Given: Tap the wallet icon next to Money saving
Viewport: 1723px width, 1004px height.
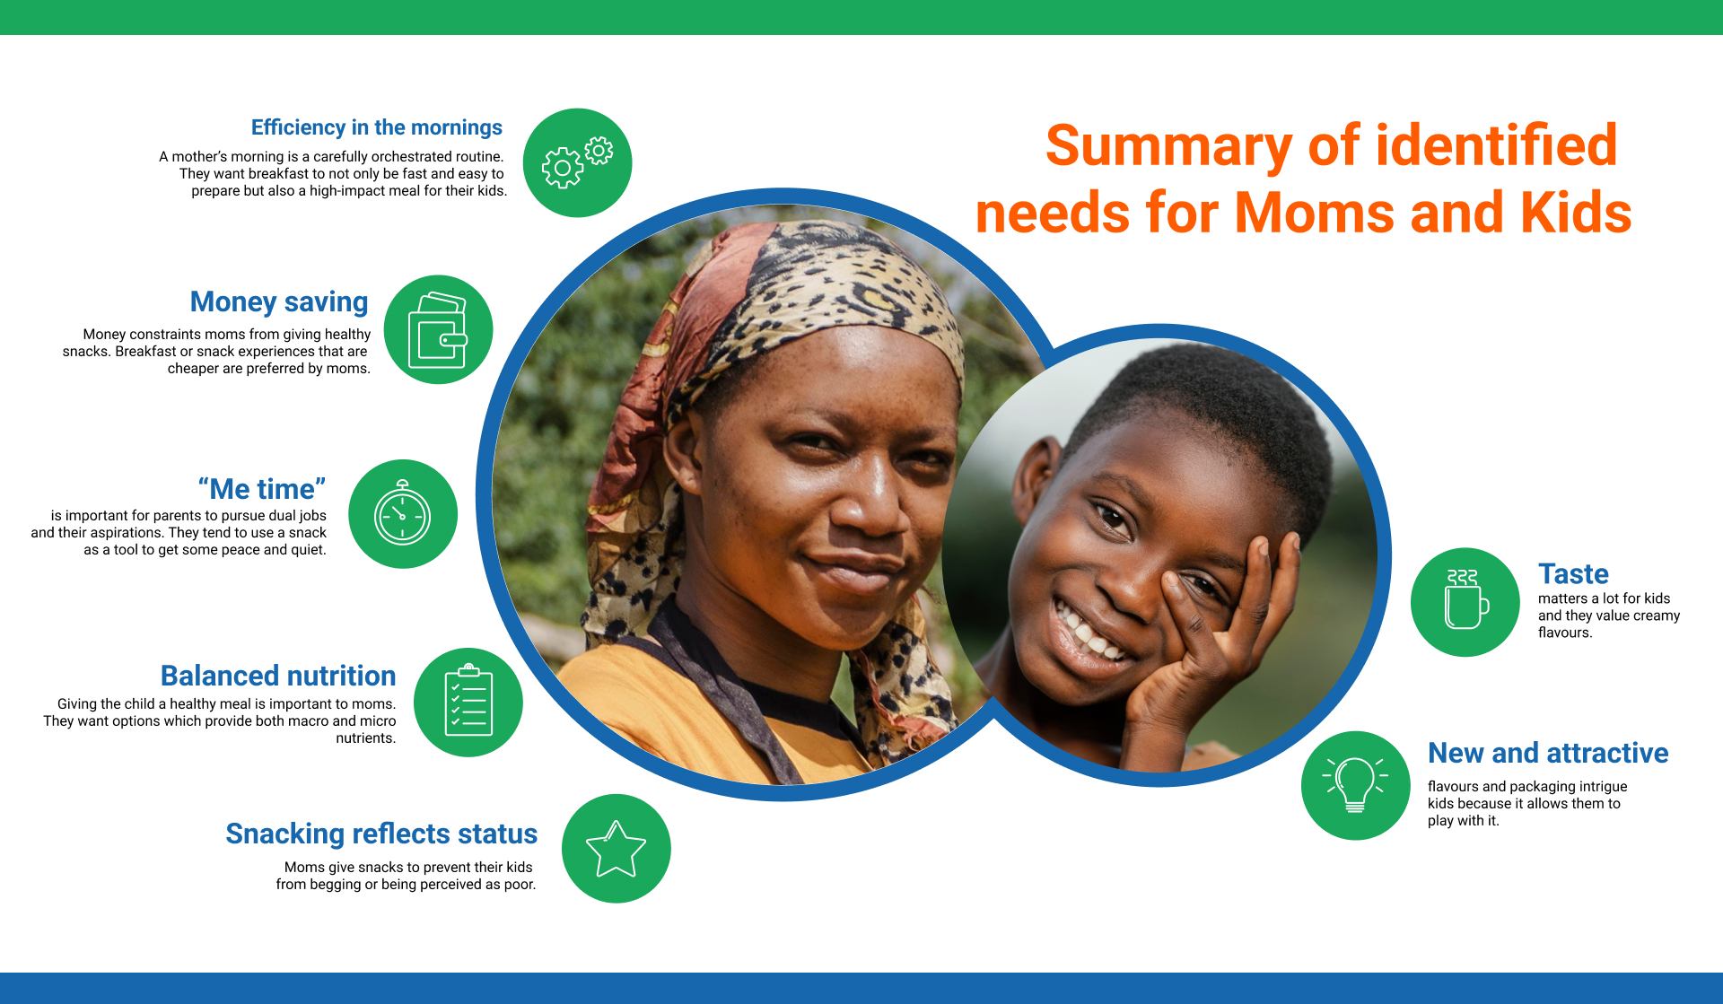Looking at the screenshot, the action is click(438, 329).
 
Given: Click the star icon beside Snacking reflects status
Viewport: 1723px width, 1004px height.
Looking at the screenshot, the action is click(616, 849).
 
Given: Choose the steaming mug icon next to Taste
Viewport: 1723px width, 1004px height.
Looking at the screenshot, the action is click(1465, 598).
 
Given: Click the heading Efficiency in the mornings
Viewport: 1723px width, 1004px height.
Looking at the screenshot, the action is click(377, 127).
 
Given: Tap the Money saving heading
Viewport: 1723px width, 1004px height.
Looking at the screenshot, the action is click(279, 301).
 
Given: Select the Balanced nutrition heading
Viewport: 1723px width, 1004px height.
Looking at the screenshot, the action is click(278, 676).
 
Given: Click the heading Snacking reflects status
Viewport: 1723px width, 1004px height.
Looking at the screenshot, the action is click(381, 834).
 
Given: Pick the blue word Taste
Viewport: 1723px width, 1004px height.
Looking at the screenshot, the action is click(1573, 573).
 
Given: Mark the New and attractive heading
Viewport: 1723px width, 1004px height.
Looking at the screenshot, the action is click(1548, 753).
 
